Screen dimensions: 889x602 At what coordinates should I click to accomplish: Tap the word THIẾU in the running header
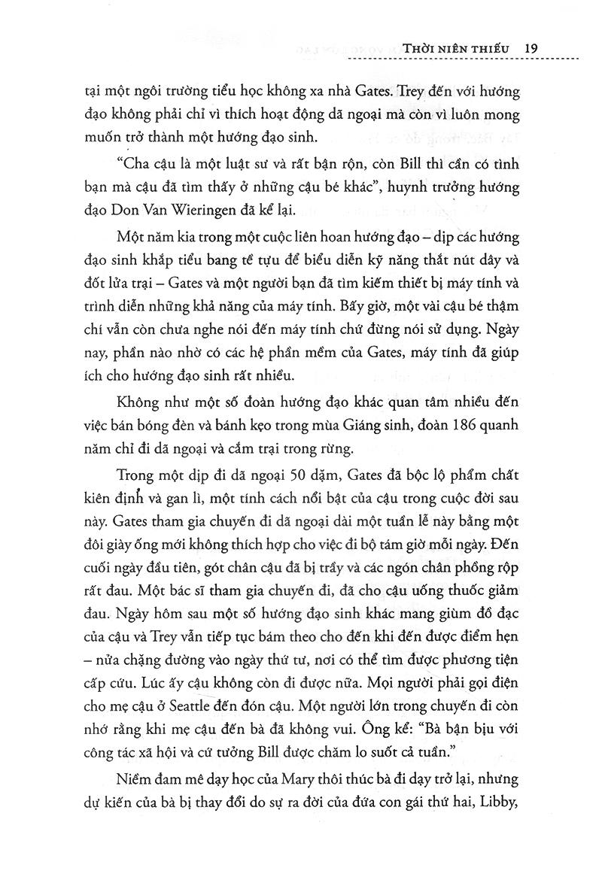pyautogui.click(x=491, y=48)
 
